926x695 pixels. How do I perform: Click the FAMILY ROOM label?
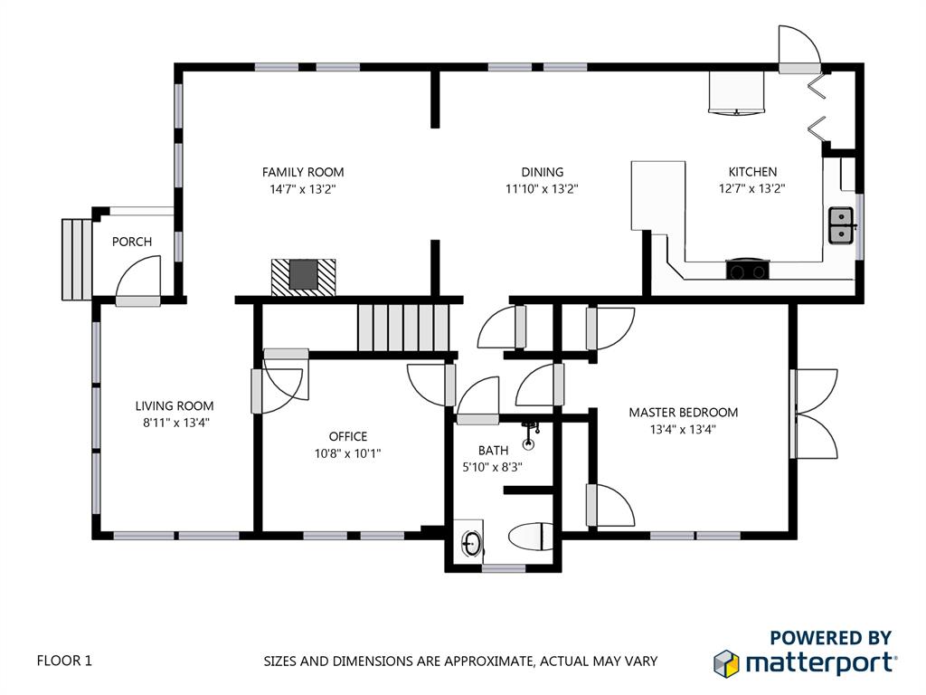[x=303, y=172]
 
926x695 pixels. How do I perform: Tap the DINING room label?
[x=543, y=172]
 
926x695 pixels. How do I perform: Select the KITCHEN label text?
[x=752, y=171]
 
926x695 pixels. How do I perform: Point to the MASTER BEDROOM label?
[x=684, y=413]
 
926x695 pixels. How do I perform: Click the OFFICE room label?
[x=348, y=436]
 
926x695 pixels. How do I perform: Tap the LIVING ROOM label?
[x=175, y=406]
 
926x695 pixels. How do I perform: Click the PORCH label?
[x=132, y=242]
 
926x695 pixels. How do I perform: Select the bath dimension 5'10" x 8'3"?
[x=493, y=468]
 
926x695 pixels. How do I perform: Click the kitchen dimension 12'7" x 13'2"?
[x=751, y=188]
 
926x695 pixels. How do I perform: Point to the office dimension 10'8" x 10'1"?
[x=348, y=453]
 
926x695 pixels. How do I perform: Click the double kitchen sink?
[x=841, y=225]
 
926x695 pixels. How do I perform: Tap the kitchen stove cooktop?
[x=748, y=269]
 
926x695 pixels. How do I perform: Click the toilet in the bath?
[x=531, y=538]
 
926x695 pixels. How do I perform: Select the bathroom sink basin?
[x=471, y=543]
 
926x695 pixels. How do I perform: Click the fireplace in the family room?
[x=304, y=277]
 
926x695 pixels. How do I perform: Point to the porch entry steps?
[x=77, y=260]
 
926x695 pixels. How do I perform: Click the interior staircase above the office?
[x=403, y=328]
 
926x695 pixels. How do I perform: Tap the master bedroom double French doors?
[x=814, y=414]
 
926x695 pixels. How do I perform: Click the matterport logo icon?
[x=726, y=663]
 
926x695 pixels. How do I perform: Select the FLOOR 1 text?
[x=64, y=660]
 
